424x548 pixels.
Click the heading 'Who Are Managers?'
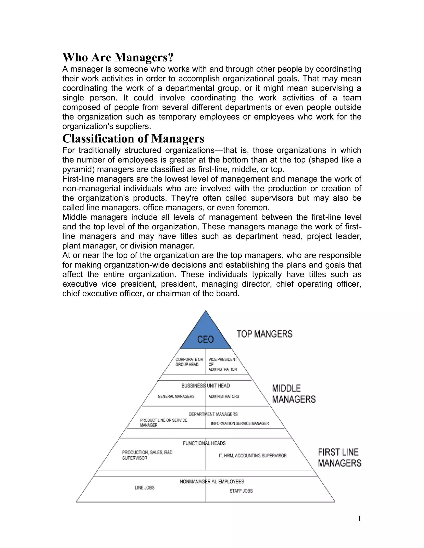click(118, 57)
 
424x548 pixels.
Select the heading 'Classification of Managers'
click(133, 139)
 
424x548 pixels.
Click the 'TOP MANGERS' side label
click(265, 334)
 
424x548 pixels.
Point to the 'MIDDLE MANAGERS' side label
click(294, 394)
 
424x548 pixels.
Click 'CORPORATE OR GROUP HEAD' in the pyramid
click(189, 362)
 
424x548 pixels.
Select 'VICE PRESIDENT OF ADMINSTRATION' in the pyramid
click(223, 364)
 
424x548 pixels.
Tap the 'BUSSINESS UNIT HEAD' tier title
click(205, 386)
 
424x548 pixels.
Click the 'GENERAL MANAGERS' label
click(176, 396)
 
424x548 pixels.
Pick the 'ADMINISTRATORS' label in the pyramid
click(224, 396)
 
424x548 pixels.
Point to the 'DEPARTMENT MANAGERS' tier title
click(213, 414)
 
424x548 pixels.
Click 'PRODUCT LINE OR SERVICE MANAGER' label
click(163, 422)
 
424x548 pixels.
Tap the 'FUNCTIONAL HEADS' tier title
click(204, 443)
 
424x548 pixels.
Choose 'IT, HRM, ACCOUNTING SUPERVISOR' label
click(252, 455)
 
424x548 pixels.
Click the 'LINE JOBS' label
click(145, 488)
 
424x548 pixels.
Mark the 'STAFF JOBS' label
click(241, 491)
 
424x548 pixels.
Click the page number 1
click(359, 518)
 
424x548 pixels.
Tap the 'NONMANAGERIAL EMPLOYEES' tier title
click(212, 481)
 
